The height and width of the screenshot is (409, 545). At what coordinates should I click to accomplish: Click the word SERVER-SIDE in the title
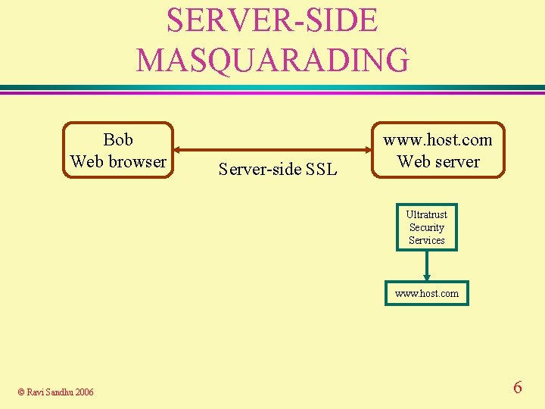click(x=272, y=20)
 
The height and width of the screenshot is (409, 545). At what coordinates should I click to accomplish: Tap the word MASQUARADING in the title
click(x=272, y=59)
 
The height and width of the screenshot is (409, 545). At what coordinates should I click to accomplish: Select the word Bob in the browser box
click(x=118, y=139)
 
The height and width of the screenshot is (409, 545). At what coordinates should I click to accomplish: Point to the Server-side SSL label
click(x=277, y=169)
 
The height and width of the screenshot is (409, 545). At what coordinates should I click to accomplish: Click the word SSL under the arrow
click(x=321, y=169)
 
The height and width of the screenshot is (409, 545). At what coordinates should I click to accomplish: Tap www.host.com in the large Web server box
click(x=438, y=139)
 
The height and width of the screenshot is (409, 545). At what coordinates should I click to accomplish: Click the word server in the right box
click(x=456, y=161)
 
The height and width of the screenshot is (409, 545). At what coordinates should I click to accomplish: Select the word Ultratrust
click(x=427, y=214)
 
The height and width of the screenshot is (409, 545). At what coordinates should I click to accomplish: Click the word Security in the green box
click(x=427, y=227)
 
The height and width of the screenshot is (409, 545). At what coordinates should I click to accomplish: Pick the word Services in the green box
click(x=427, y=240)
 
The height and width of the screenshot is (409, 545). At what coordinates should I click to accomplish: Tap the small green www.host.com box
click(x=427, y=293)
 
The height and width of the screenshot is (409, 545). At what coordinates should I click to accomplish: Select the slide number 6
click(x=518, y=388)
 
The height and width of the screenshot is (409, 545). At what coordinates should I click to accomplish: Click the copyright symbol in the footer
click(x=21, y=392)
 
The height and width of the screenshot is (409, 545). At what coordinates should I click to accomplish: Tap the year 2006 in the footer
click(x=83, y=392)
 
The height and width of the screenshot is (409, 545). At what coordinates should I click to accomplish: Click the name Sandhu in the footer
click(x=59, y=392)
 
